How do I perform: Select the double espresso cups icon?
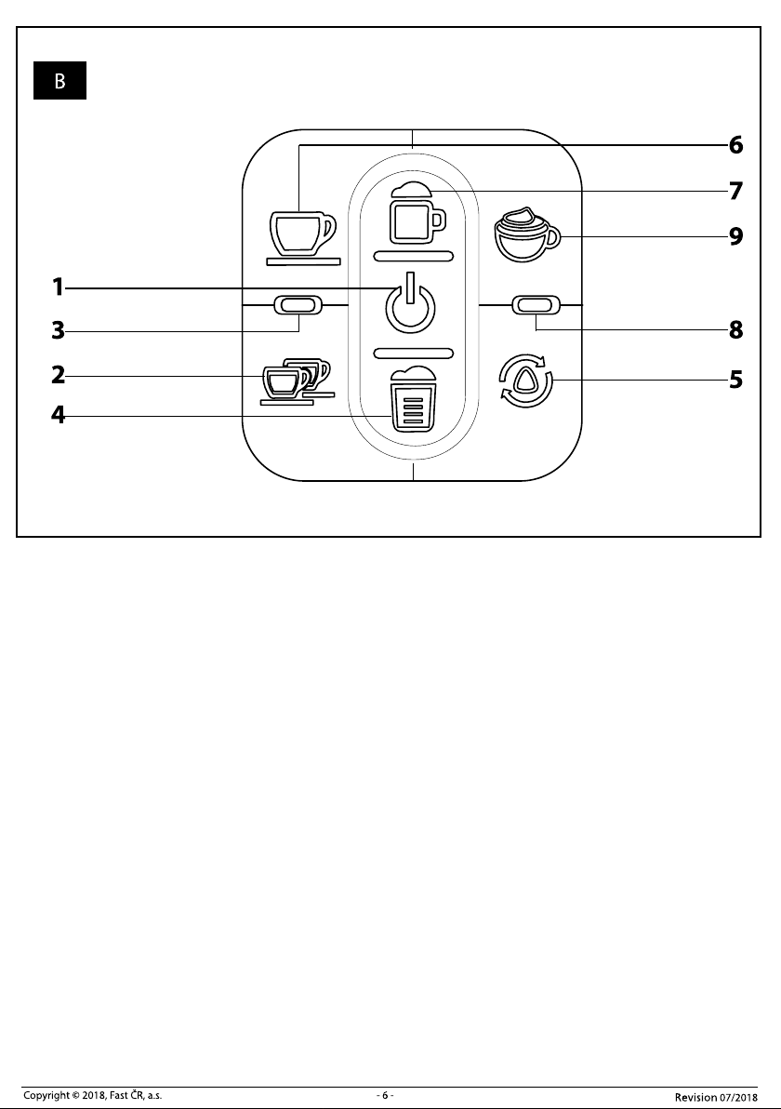click(x=297, y=382)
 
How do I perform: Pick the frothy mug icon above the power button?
click(x=413, y=213)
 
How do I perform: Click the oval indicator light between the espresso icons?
click(x=297, y=305)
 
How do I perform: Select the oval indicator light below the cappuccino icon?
click(x=536, y=305)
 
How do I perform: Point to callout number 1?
click(x=58, y=287)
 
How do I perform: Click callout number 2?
click(x=58, y=375)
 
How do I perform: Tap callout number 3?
click(x=58, y=330)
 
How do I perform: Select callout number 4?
click(x=58, y=414)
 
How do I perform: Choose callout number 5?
click(x=736, y=380)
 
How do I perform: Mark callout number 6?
click(x=736, y=145)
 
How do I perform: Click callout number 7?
click(x=736, y=191)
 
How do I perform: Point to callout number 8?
click(x=736, y=329)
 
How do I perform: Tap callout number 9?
click(x=736, y=236)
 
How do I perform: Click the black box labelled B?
click(x=60, y=81)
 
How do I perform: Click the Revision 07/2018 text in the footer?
click(x=716, y=1097)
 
